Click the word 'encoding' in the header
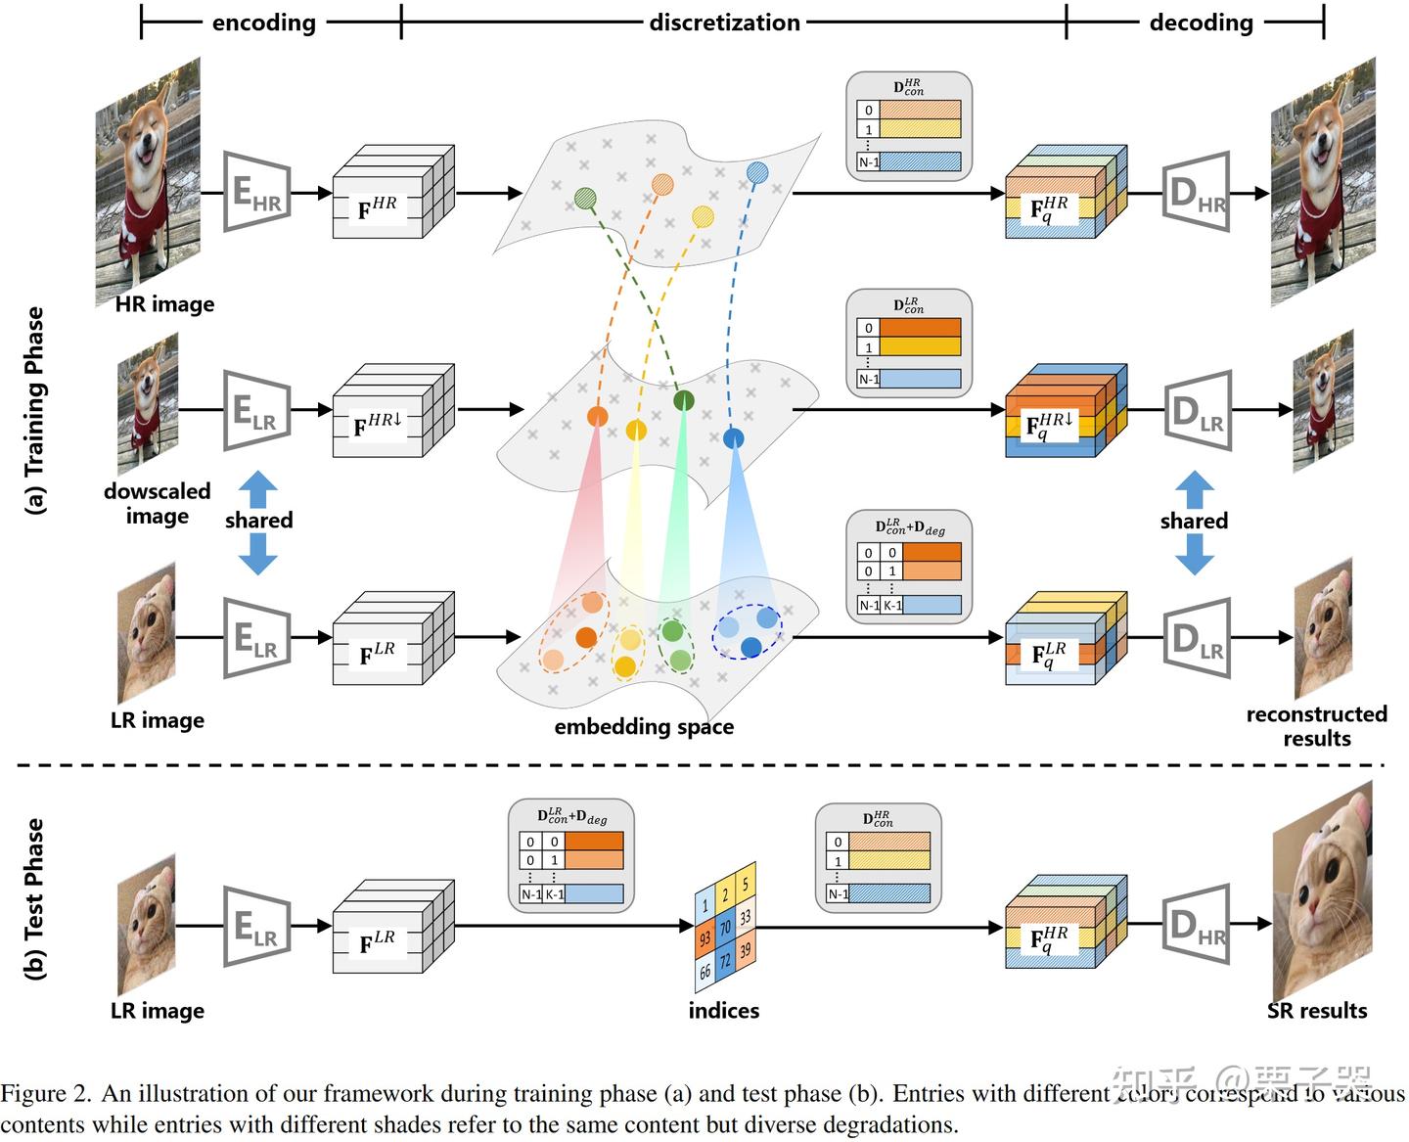coord(263,23)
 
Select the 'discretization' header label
coord(724,23)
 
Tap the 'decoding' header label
coord(1201,23)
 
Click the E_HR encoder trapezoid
coord(256,192)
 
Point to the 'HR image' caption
coord(164,304)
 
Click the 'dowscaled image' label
coord(158,503)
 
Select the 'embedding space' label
coord(644,726)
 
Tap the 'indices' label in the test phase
coord(723,1010)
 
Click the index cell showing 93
coord(704,938)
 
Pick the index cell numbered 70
coord(725,927)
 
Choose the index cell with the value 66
coord(704,972)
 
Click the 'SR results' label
coord(1317,1010)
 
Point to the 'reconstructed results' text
coord(1316,726)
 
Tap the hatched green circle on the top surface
coord(585,198)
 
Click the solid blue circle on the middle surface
coord(733,438)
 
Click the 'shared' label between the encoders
coord(259,520)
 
